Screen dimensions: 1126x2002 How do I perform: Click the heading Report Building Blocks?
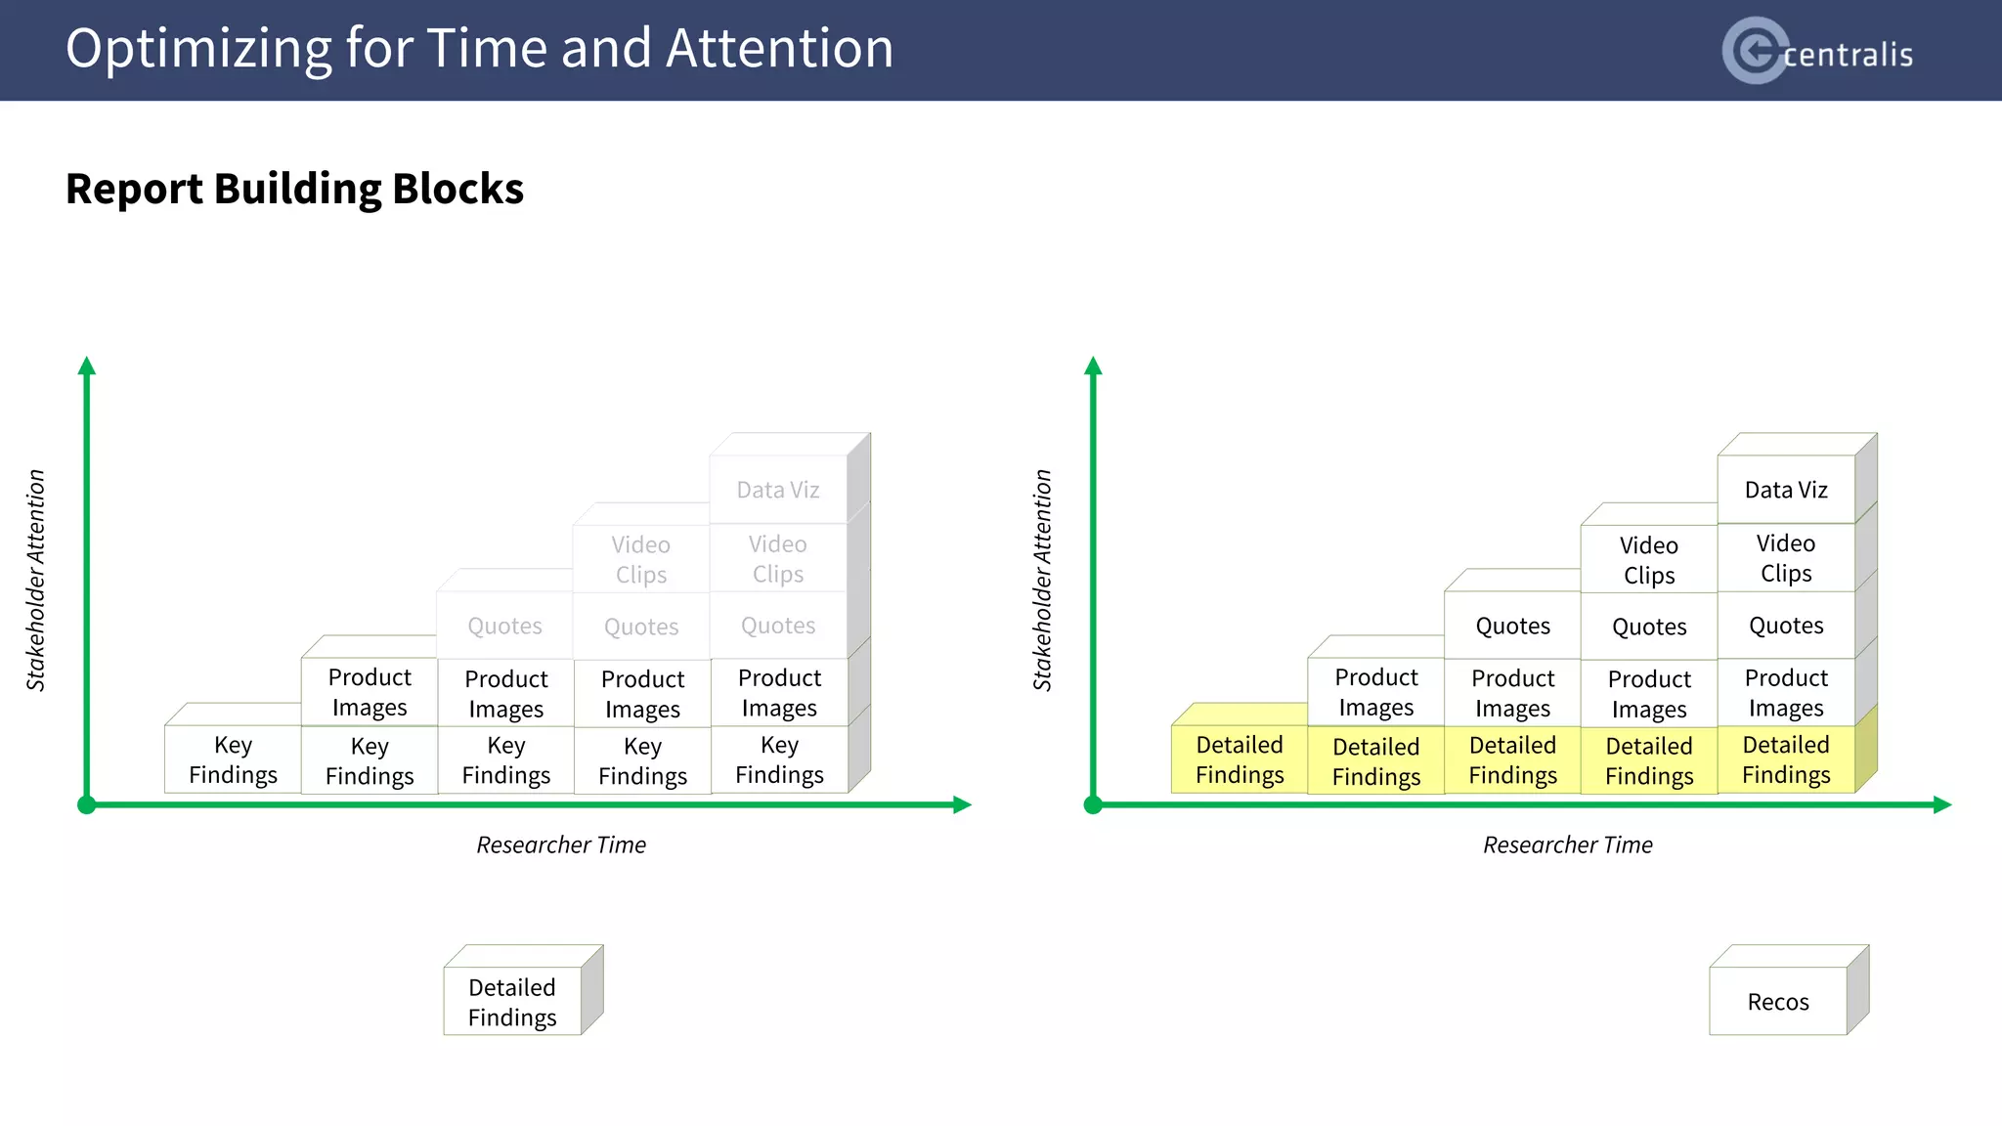(x=294, y=189)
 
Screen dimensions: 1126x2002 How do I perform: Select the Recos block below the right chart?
(x=1778, y=1001)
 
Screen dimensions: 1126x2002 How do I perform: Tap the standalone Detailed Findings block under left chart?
(x=512, y=1002)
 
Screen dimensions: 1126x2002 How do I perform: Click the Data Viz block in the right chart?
(x=1786, y=490)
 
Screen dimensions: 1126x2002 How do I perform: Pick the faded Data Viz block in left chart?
(x=778, y=490)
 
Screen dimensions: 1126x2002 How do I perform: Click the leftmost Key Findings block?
(x=233, y=759)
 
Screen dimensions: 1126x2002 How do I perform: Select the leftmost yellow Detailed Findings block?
(x=1240, y=759)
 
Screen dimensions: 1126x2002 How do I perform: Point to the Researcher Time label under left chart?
(x=561, y=844)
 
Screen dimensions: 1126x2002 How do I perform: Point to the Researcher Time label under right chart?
(x=1568, y=844)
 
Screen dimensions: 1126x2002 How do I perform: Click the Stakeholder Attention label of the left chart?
(x=36, y=581)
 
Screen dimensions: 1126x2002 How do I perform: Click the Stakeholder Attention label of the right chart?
(x=1043, y=581)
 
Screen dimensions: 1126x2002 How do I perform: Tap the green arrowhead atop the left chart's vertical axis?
(x=87, y=366)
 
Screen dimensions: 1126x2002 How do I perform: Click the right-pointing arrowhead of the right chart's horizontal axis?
(x=1942, y=804)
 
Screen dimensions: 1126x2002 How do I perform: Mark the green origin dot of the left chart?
(x=87, y=804)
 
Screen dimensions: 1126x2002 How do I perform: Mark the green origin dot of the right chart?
(x=1093, y=804)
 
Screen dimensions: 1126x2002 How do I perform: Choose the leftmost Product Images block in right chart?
(x=1375, y=692)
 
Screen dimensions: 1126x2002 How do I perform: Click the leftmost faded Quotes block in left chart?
(x=504, y=626)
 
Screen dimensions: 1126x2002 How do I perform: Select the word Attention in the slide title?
(x=779, y=48)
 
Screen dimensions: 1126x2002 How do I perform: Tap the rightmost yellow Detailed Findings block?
(x=1786, y=759)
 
